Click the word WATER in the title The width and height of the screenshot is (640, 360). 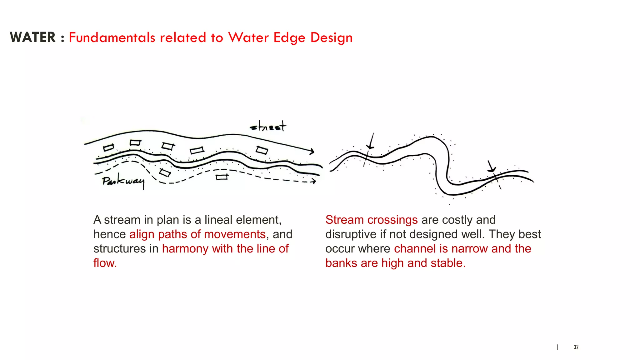33,37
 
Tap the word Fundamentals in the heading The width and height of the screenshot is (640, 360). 112,37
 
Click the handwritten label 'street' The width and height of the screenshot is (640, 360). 268,127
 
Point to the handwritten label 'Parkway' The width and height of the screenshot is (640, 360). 123,181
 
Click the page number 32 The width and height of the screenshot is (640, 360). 576,347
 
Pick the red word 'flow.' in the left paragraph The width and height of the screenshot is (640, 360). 105,263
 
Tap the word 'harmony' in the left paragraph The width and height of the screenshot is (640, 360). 185,249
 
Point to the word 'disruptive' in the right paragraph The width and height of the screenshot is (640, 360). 351,234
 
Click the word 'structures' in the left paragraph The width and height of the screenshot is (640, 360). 119,248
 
